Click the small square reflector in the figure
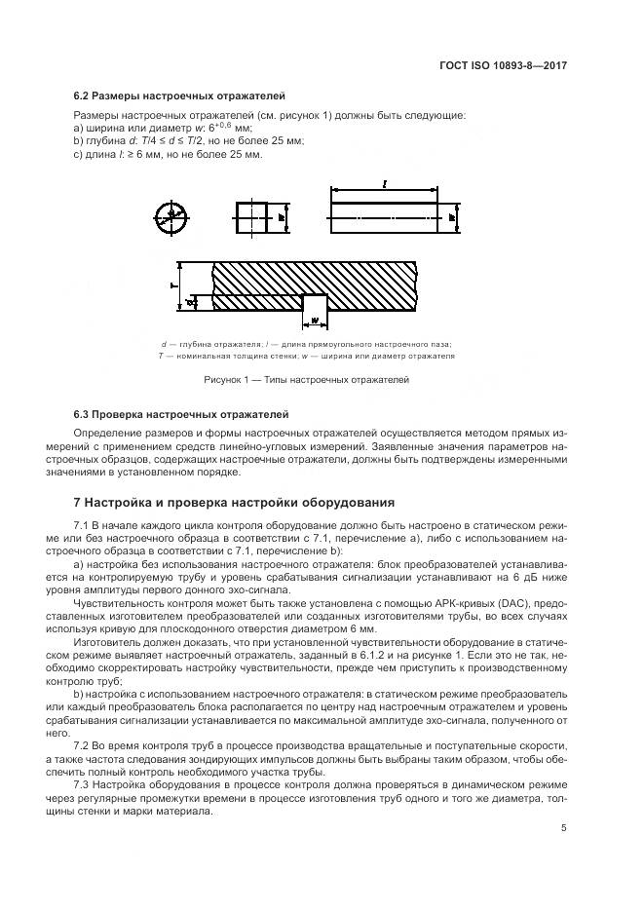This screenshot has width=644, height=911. tap(251, 217)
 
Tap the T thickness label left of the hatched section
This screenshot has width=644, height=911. tap(172, 286)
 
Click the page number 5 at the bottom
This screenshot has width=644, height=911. tap(564, 829)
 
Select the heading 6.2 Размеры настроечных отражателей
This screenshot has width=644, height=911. tap(179, 96)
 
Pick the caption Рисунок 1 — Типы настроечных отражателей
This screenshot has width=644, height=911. tap(306, 380)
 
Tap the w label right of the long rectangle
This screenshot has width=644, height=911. tap(454, 219)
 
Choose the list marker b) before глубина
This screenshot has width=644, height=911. tap(78, 140)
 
